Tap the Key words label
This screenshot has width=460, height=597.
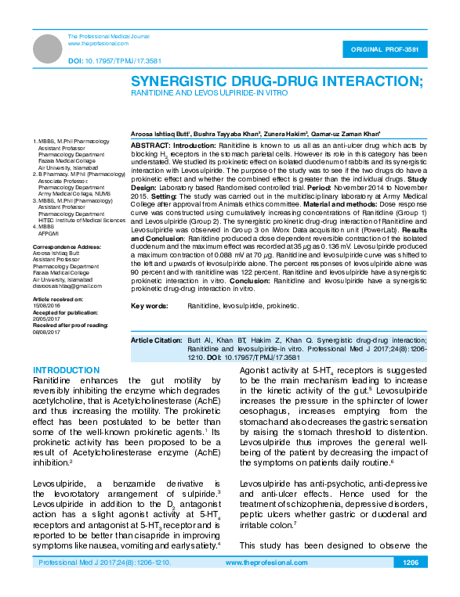click(x=149, y=305)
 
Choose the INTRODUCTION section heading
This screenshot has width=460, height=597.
click(x=67, y=370)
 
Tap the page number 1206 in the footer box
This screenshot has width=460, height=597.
click(x=411, y=563)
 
